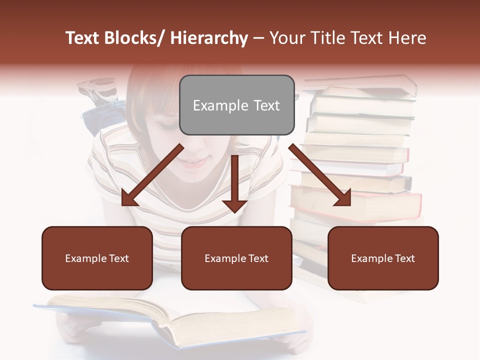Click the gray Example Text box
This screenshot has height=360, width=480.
pos(236,105)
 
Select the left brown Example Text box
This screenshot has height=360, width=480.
pos(97,258)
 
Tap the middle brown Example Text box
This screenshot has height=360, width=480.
pos(236,258)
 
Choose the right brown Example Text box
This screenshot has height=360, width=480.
pos(383,258)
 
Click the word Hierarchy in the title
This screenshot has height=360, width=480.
pos(209,38)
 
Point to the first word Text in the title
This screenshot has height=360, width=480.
pos(83,38)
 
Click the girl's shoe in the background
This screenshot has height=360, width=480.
pos(97,87)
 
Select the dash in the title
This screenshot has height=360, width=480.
pos(258,38)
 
